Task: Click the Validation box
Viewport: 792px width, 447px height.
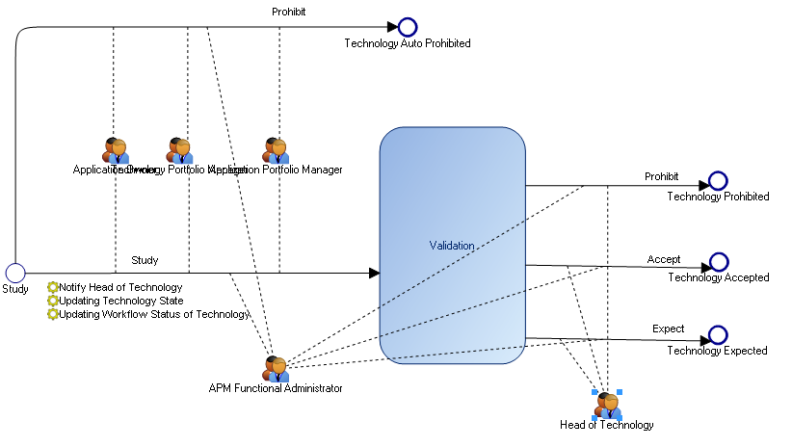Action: tap(452, 245)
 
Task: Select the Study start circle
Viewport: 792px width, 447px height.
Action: tap(15, 273)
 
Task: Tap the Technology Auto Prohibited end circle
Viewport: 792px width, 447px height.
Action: tap(407, 27)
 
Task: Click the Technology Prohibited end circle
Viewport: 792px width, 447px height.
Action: tap(718, 181)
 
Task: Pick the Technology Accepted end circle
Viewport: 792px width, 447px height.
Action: tap(719, 263)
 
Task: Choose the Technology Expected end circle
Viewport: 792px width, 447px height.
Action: tap(718, 335)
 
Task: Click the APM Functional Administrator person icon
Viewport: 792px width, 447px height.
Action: tap(276, 368)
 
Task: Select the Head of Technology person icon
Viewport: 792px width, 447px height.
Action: tap(607, 405)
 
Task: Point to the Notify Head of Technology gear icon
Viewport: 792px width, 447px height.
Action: tap(53, 287)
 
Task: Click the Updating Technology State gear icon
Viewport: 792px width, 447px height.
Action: tap(53, 301)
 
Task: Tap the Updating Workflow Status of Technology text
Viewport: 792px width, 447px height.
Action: tap(154, 314)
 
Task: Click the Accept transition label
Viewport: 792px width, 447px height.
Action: tap(664, 259)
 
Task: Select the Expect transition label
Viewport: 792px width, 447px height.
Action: tap(668, 329)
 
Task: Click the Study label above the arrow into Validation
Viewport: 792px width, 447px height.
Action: tap(145, 260)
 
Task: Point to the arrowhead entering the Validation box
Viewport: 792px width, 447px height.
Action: tap(374, 273)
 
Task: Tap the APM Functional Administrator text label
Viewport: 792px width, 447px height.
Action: tap(276, 388)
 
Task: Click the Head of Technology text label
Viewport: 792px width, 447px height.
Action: tap(607, 425)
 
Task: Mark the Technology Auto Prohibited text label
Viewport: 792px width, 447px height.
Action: tap(408, 43)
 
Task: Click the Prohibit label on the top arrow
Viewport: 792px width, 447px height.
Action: tap(288, 12)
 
